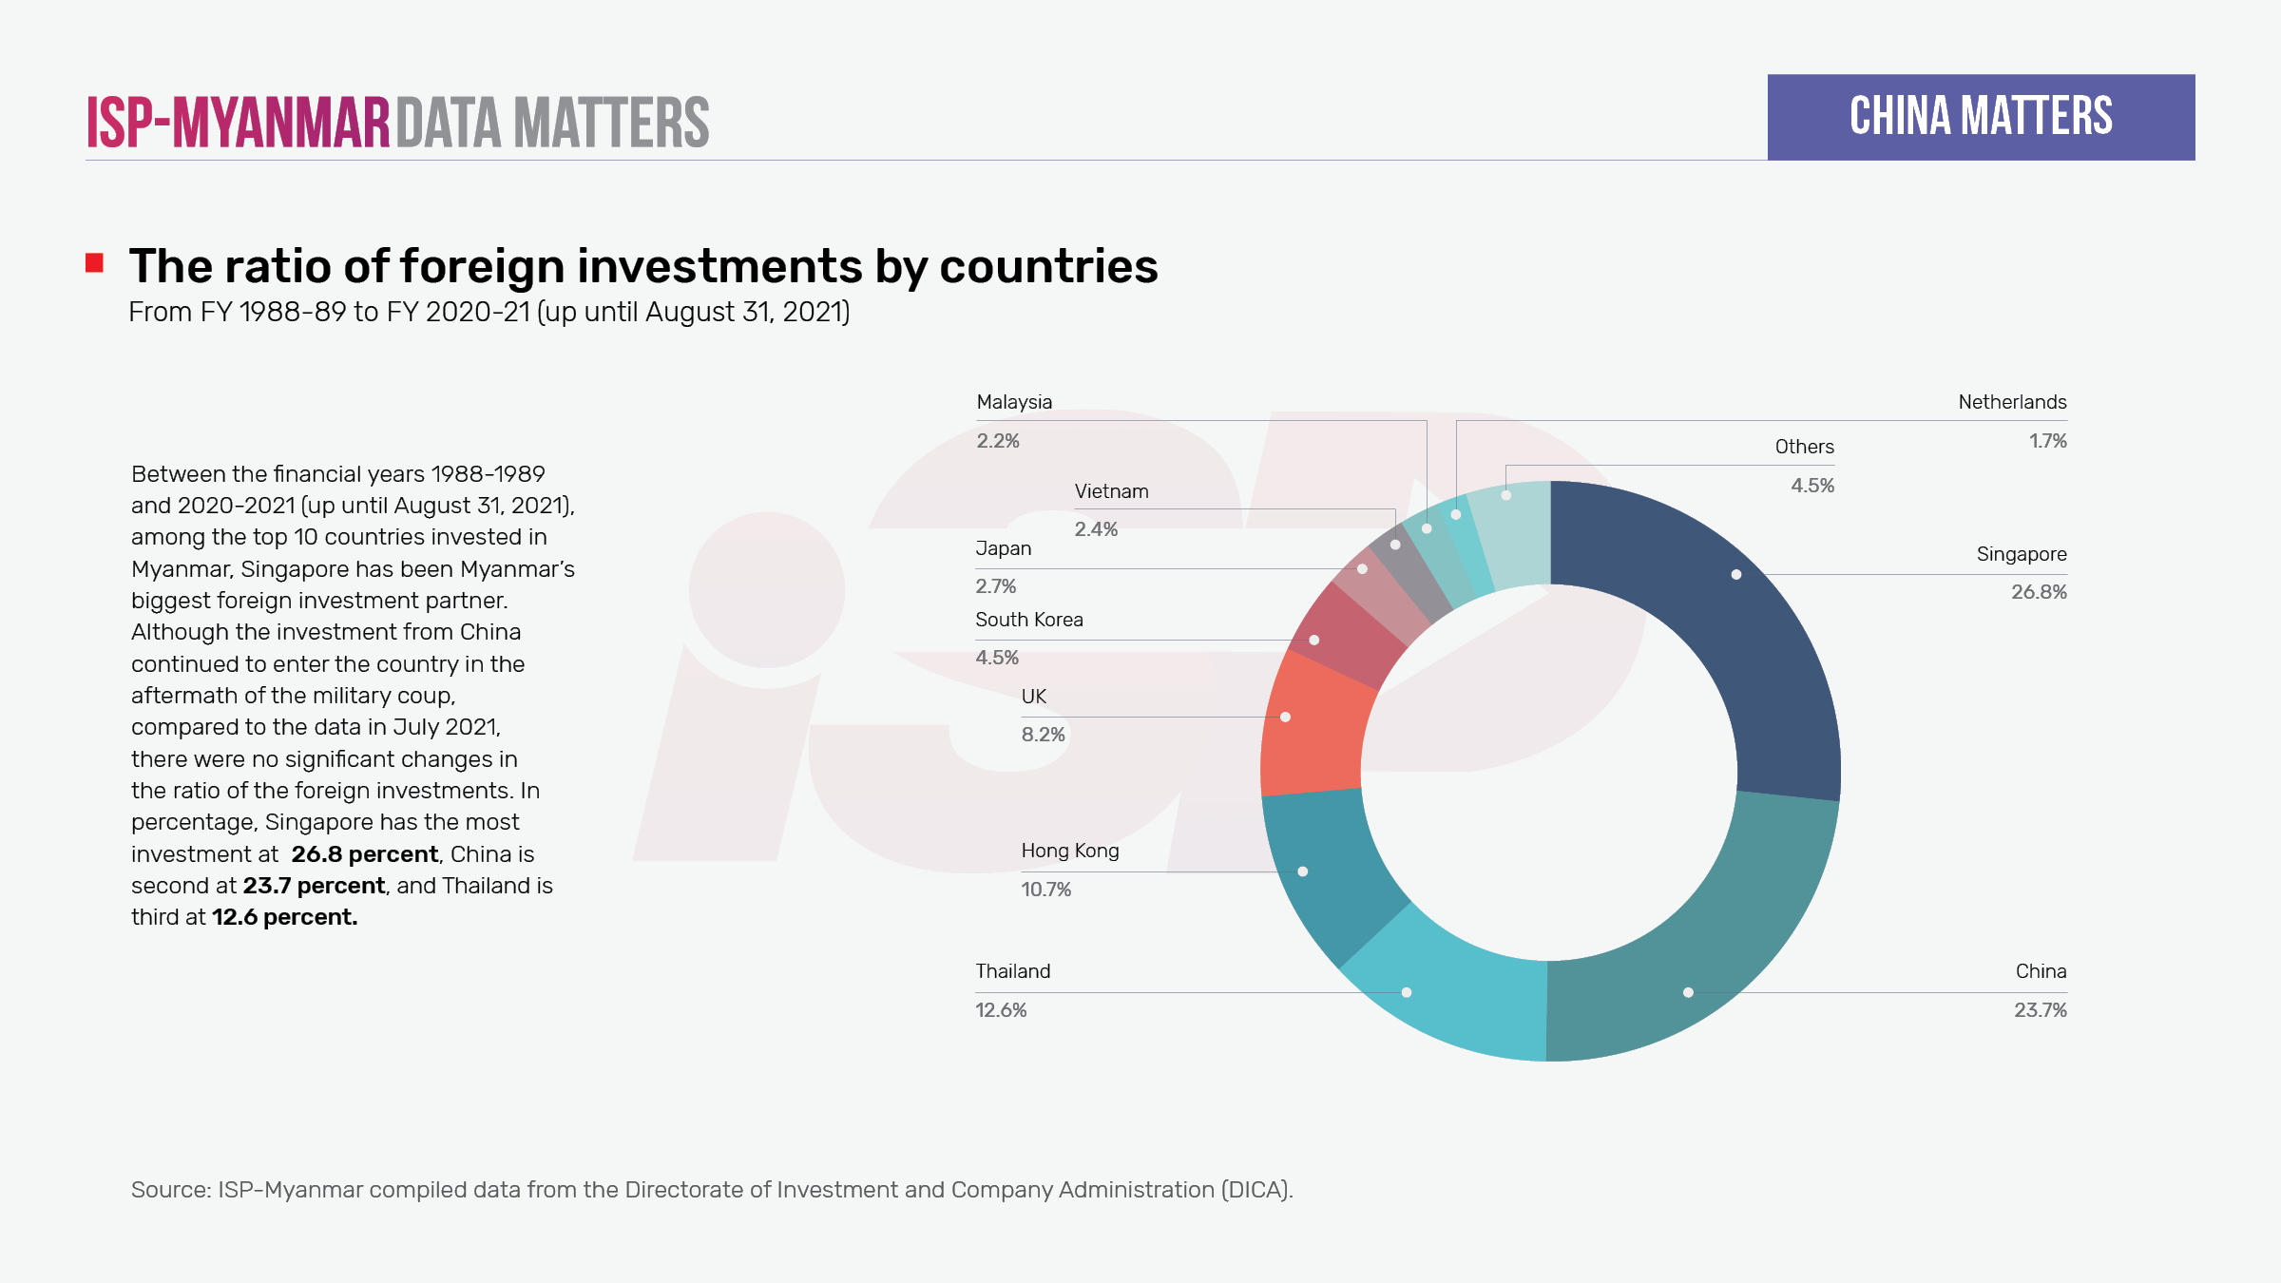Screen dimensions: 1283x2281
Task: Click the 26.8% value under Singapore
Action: point(2039,592)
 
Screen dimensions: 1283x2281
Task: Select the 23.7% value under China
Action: point(2040,1010)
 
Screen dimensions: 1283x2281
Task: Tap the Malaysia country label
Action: point(1014,402)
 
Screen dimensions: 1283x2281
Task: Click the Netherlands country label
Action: point(2012,402)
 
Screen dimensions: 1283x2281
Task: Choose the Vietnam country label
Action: point(1111,491)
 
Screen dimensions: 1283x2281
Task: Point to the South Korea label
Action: point(1028,620)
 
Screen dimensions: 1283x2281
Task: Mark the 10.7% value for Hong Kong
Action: point(1045,890)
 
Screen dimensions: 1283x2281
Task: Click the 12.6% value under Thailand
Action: point(1001,1010)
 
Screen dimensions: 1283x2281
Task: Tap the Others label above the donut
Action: point(1804,447)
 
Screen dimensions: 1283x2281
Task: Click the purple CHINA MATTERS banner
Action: point(1981,117)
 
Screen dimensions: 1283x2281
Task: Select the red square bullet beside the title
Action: point(94,263)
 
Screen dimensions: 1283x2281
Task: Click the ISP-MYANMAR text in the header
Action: point(238,123)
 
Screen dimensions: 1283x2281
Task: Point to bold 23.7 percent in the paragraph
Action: point(314,886)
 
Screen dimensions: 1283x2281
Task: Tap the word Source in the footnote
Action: point(169,1190)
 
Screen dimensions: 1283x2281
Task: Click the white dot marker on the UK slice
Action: point(1285,717)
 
